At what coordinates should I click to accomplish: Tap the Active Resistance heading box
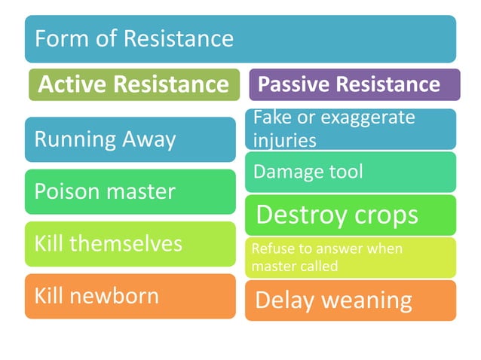[133, 84]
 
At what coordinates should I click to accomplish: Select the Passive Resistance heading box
[354, 84]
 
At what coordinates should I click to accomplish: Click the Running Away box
[130, 139]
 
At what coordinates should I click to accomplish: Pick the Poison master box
[130, 191]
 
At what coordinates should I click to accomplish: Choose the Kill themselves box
[130, 243]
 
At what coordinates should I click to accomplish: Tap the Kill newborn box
[130, 295]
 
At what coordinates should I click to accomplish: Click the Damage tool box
[350, 172]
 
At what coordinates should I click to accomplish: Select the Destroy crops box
[350, 215]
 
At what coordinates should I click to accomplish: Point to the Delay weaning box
[350, 301]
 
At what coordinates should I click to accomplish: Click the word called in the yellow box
[319, 266]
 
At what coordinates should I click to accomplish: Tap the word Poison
[61, 191]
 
